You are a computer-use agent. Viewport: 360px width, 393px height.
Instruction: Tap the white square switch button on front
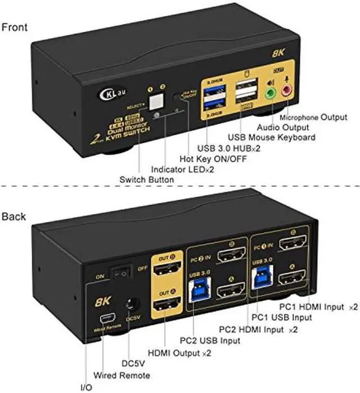155,100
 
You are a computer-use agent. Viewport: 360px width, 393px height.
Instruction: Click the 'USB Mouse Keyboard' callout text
271,137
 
